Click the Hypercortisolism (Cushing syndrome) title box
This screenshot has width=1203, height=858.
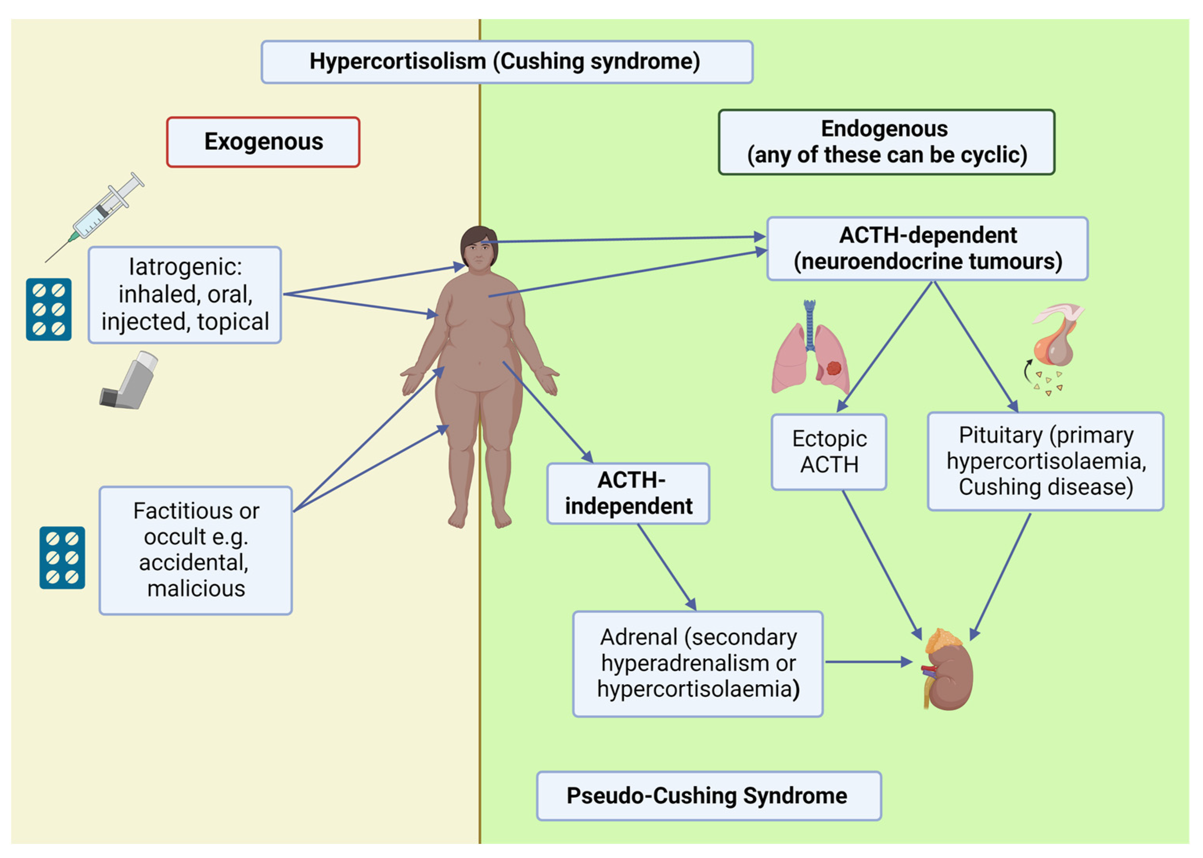pyautogui.click(x=507, y=62)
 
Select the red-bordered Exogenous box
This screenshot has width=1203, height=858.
pyautogui.click(x=263, y=142)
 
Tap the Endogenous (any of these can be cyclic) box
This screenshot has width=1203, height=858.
pyautogui.click(x=887, y=142)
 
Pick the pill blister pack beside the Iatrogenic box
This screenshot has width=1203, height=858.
pyautogui.click(x=49, y=309)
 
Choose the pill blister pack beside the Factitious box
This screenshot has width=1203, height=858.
pyautogui.click(x=62, y=558)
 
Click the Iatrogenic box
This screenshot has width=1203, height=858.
pyautogui.click(x=185, y=295)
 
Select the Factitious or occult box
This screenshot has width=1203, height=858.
pyautogui.click(x=196, y=550)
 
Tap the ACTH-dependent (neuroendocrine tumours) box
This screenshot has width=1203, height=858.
pyautogui.click(x=927, y=248)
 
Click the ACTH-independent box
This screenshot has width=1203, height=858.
pyautogui.click(x=628, y=493)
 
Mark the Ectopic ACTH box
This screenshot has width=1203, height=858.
pyautogui.click(x=829, y=452)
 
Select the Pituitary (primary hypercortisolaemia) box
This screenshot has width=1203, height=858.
pyautogui.click(x=1046, y=461)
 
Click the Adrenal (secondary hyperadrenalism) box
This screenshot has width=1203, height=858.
pyautogui.click(x=698, y=664)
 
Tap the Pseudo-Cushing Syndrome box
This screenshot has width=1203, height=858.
pyautogui.click(x=709, y=796)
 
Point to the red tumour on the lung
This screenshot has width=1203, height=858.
pyautogui.click(x=834, y=367)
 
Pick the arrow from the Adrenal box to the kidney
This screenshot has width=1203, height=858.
pyautogui.click(x=870, y=662)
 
